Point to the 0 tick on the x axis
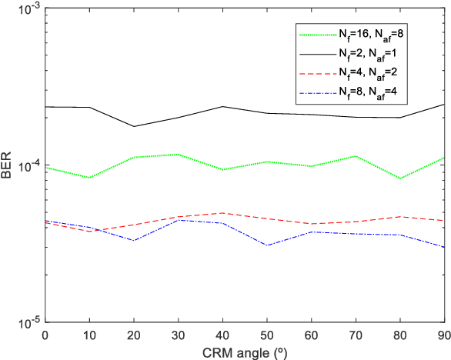coord(45,335)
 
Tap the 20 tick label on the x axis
coord(134,335)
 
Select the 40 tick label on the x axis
coord(223,335)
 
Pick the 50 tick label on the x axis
coord(268,335)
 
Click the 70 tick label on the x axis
coord(357,335)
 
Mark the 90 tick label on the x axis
coord(443,335)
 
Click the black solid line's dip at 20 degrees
coord(134,126)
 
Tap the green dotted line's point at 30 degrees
coord(179,155)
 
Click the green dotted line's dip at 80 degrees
coord(401,178)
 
